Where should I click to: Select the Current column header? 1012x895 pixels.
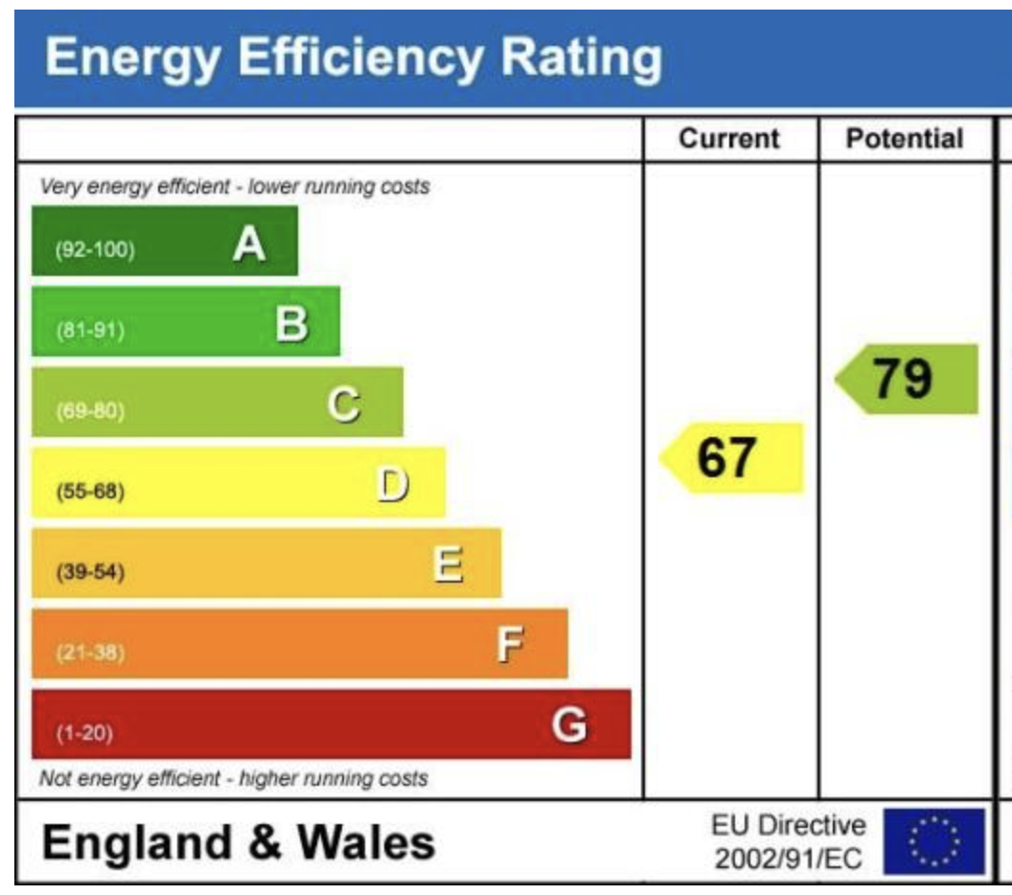tap(729, 139)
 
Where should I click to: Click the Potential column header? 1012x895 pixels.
tap(904, 139)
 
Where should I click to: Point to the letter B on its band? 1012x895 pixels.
tap(292, 326)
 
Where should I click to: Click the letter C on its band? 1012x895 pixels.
tap(344, 406)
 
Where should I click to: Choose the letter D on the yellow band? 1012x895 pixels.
tap(393, 486)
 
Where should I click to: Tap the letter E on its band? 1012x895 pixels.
tap(448, 565)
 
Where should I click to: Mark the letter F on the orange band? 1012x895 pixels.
tap(510, 647)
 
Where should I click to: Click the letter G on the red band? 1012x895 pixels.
tap(569, 725)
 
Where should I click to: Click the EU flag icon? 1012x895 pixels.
tap(933, 841)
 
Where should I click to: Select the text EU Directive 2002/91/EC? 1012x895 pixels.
tap(787, 842)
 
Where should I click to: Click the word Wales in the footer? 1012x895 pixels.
tap(365, 843)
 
